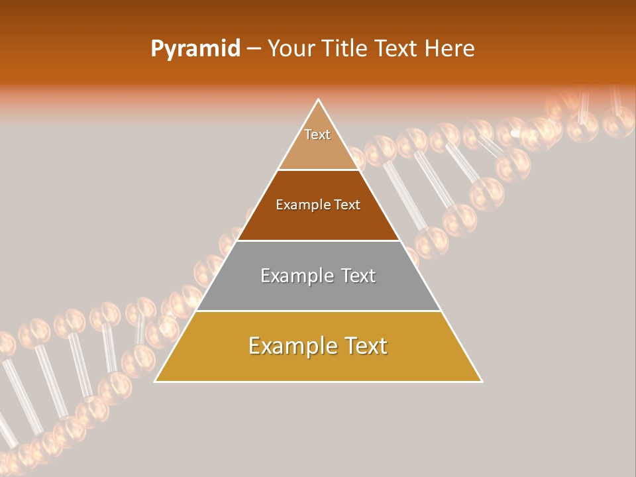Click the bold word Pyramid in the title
tap(195, 49)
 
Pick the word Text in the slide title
tap(397, 49)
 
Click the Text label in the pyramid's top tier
tap(317, 134)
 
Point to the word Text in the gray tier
tap(358, 276)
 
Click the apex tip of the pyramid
tap(319, 100)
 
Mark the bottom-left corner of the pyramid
tap(155, 382)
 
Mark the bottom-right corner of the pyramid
tap(482, 382)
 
